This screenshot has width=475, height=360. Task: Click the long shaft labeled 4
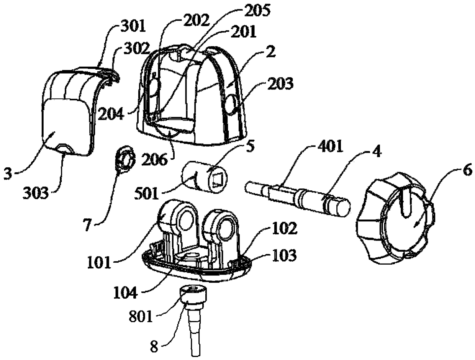point(297,196)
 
